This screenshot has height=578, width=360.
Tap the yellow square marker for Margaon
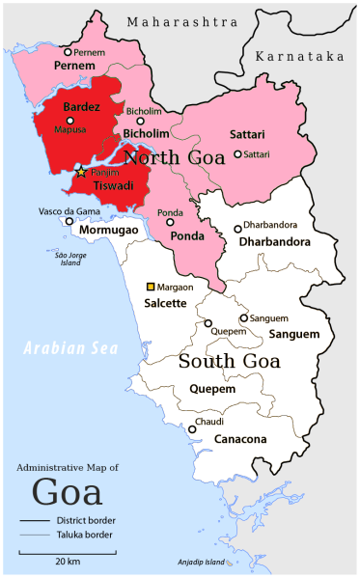[x=150, y=287]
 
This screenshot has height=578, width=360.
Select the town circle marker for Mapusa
[x=69, y=121]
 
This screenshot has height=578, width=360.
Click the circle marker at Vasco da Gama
[x=69, y=220]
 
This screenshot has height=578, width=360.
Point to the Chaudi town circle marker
[x=192, y=429]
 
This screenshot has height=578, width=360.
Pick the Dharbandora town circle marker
[x=237, y=229]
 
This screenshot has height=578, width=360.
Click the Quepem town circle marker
[x=208, y=323]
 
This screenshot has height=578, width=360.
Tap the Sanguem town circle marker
[x=243, y=317]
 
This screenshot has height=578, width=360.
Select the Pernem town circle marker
[x=68, y=52]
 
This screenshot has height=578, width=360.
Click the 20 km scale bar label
[x=67, y=561]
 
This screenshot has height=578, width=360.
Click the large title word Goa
[x=67, y=491]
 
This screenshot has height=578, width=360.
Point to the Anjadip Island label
[x=201, y=562]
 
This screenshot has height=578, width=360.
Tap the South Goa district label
[x=229, y=362]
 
